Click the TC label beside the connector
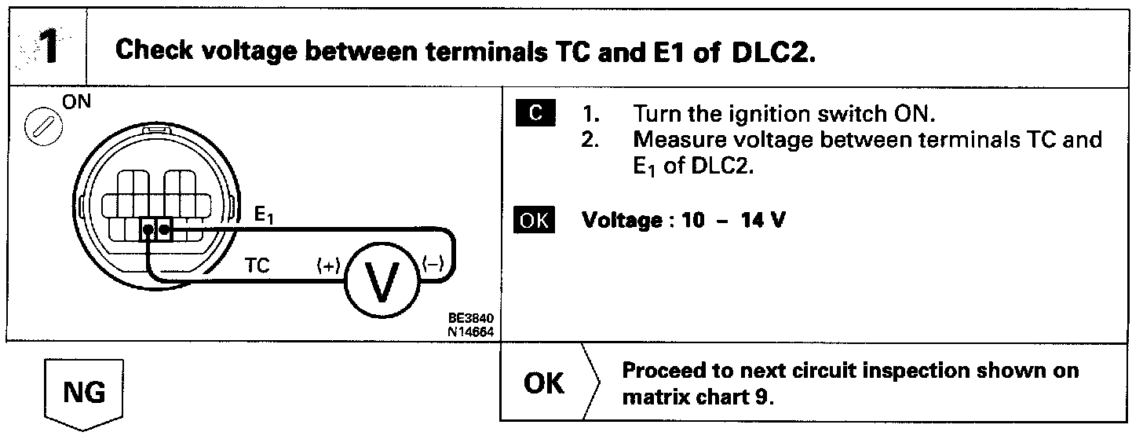[x=256, y=266]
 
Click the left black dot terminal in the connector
[x=148, y=231]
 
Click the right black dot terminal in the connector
[x=163, y=230]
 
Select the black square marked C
[x=535, y=114]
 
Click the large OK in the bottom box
[x=543, y=383]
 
